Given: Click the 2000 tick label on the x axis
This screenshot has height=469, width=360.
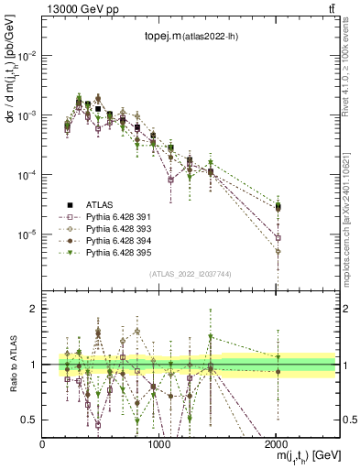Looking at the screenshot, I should [276, 444].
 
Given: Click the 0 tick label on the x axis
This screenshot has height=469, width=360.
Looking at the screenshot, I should [42, 444].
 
